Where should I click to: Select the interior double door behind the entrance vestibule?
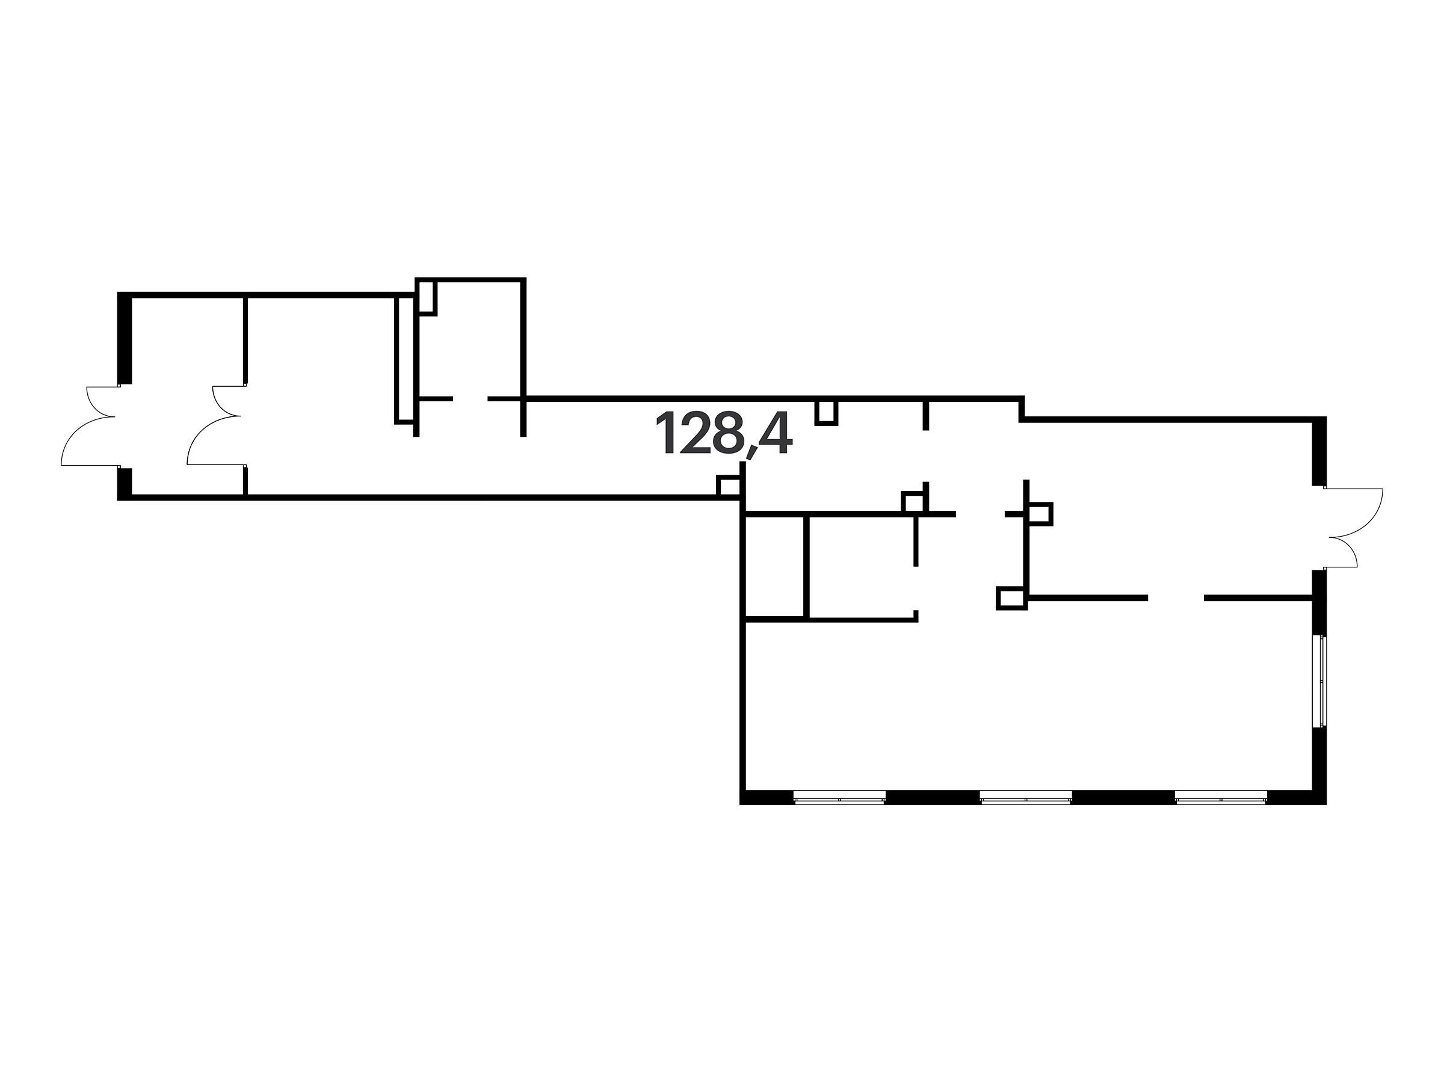(217, 425)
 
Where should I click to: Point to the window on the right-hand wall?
(1322, 680)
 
